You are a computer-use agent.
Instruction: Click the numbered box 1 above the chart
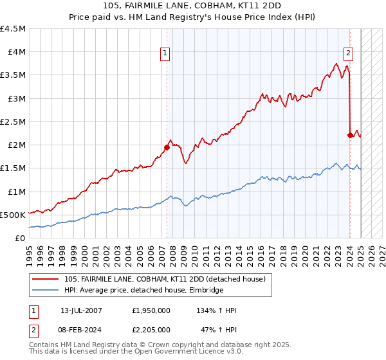166,53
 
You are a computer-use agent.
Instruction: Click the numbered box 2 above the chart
348,53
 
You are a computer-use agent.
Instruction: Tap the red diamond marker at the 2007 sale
167,147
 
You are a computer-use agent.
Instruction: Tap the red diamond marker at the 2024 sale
350,135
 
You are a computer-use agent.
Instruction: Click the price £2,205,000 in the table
151,329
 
